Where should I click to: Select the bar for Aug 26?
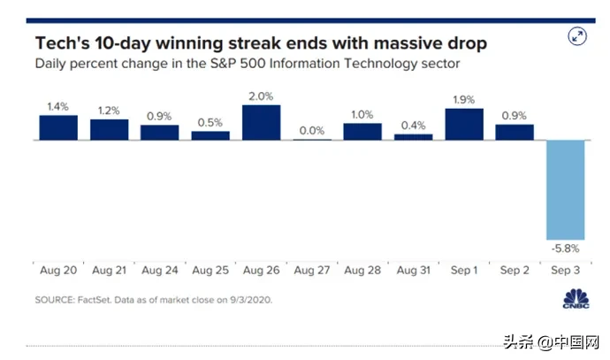click(261, 122)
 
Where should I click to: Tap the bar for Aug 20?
click(58, 127)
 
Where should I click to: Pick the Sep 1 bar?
click(463, 124)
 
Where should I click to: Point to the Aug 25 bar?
click(210, 135)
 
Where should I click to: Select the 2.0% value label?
click(261, 95)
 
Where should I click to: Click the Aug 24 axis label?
click(159, 268)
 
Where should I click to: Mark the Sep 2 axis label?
click(514, 268)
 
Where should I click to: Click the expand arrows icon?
click(577, 36)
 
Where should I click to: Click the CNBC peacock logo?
click(576, 299)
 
